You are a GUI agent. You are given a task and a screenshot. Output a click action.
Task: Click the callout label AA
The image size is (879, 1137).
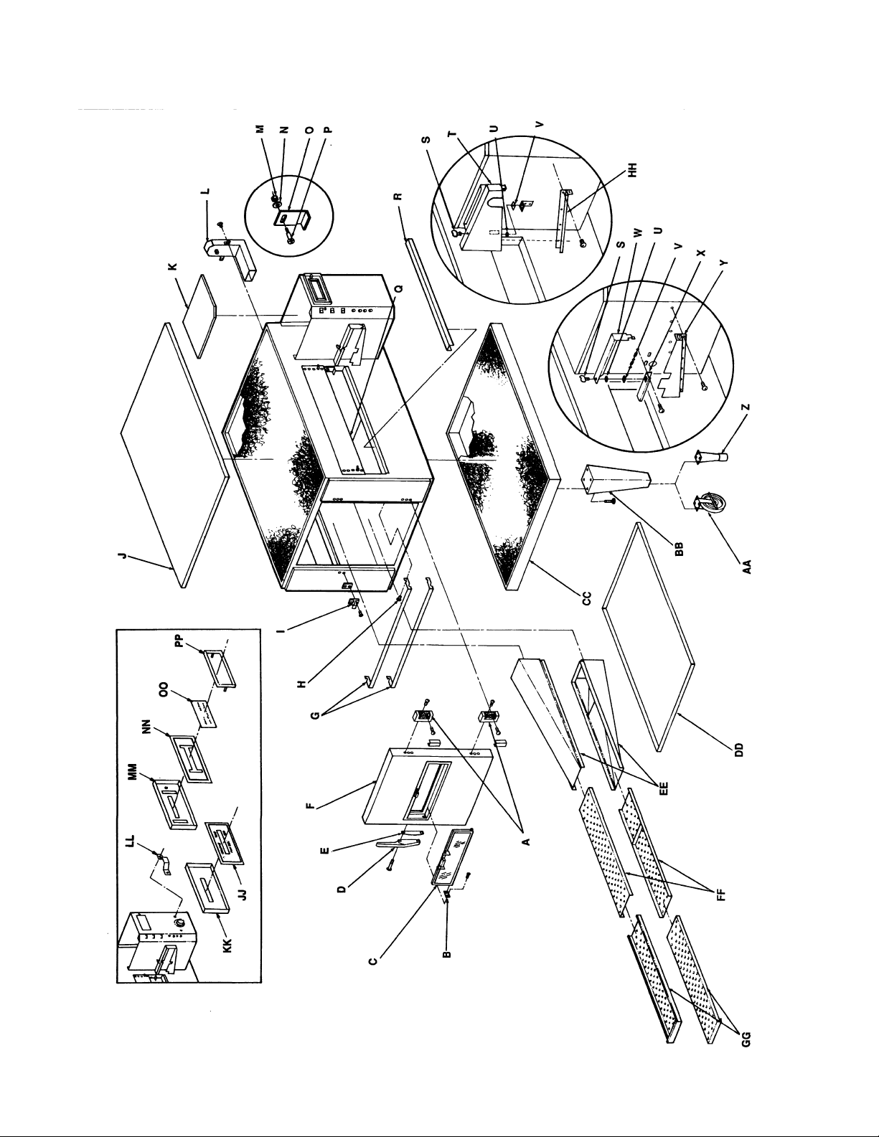coord(748,566)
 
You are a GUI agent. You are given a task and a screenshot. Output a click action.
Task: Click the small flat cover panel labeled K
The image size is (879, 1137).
coord(201,316)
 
